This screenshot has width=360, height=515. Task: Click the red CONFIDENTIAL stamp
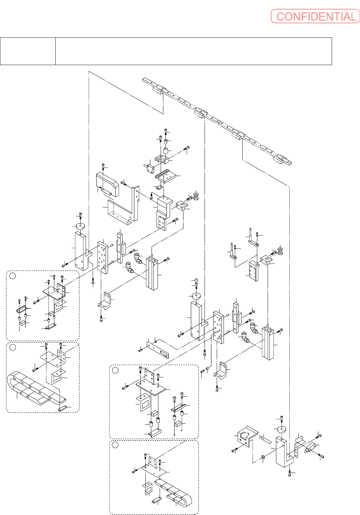click(x=315, y=16)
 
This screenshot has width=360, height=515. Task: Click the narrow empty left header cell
click(x=28, y=51)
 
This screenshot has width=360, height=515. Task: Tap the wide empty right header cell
click(x=193, y=51)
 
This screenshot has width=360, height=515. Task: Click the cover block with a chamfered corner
click(x=107, y=184)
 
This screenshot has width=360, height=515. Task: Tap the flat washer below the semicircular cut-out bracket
click(x=263, y=458)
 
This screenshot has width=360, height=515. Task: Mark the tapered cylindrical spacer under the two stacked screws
click(x=166, y=151)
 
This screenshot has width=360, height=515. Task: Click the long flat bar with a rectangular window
click(x=158, y=350)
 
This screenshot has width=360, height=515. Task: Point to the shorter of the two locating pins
click(x=233, y=252)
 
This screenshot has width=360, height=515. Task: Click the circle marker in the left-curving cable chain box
click(x=13, y=347)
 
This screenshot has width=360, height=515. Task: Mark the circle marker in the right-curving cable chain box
click(x=115, y=445)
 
